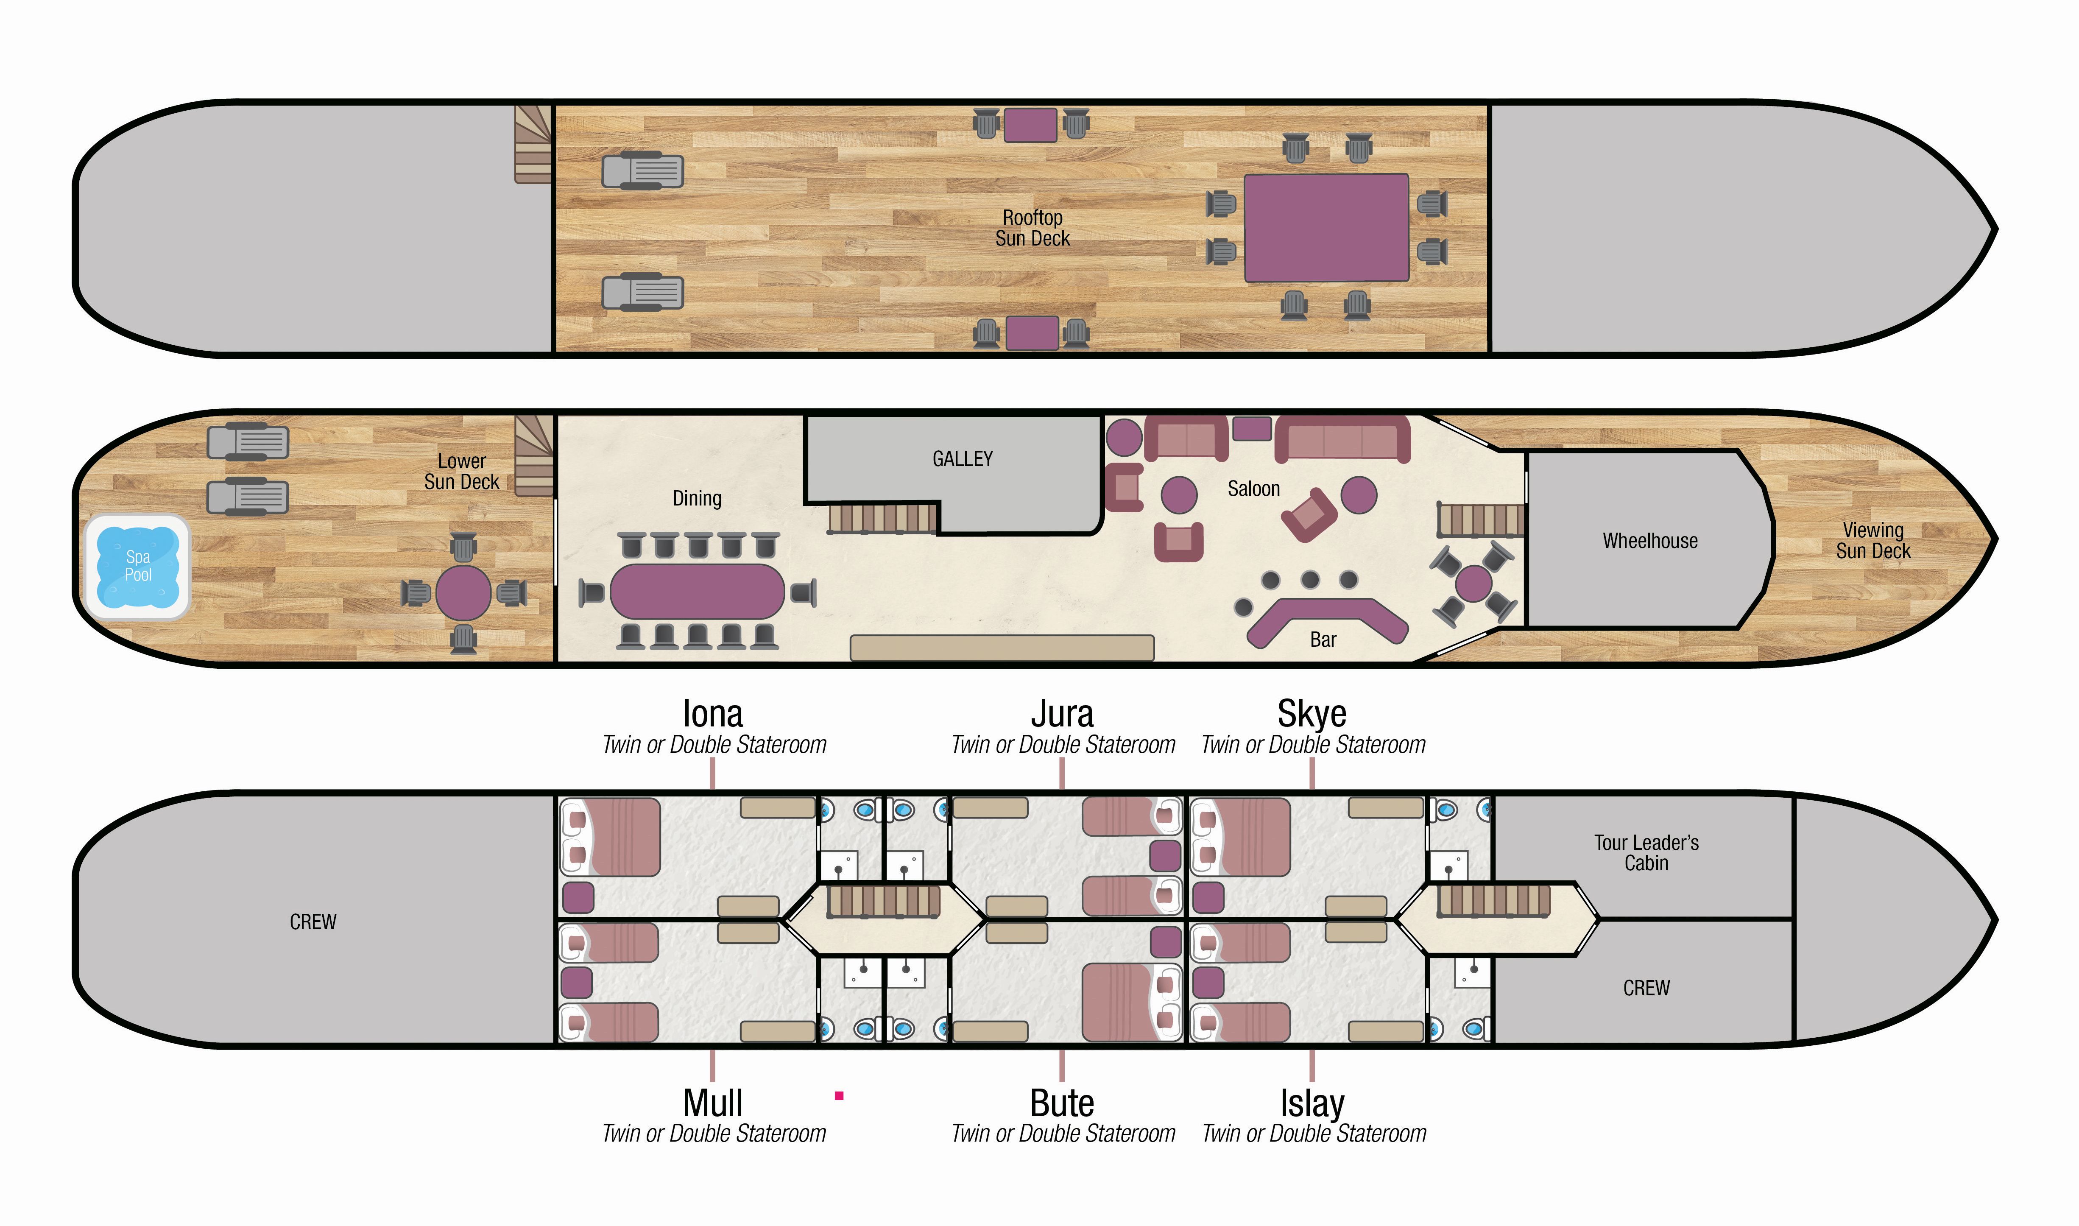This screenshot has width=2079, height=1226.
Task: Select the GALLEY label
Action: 962,458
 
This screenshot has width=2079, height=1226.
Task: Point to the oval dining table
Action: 697,592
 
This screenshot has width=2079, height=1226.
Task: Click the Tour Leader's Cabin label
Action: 1646,852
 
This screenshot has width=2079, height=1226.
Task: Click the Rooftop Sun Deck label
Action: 1033,228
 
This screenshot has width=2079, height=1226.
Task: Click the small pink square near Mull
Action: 839,1095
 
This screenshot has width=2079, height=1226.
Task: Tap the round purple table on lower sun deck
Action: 463,592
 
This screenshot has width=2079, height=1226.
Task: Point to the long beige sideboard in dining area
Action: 1002,648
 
